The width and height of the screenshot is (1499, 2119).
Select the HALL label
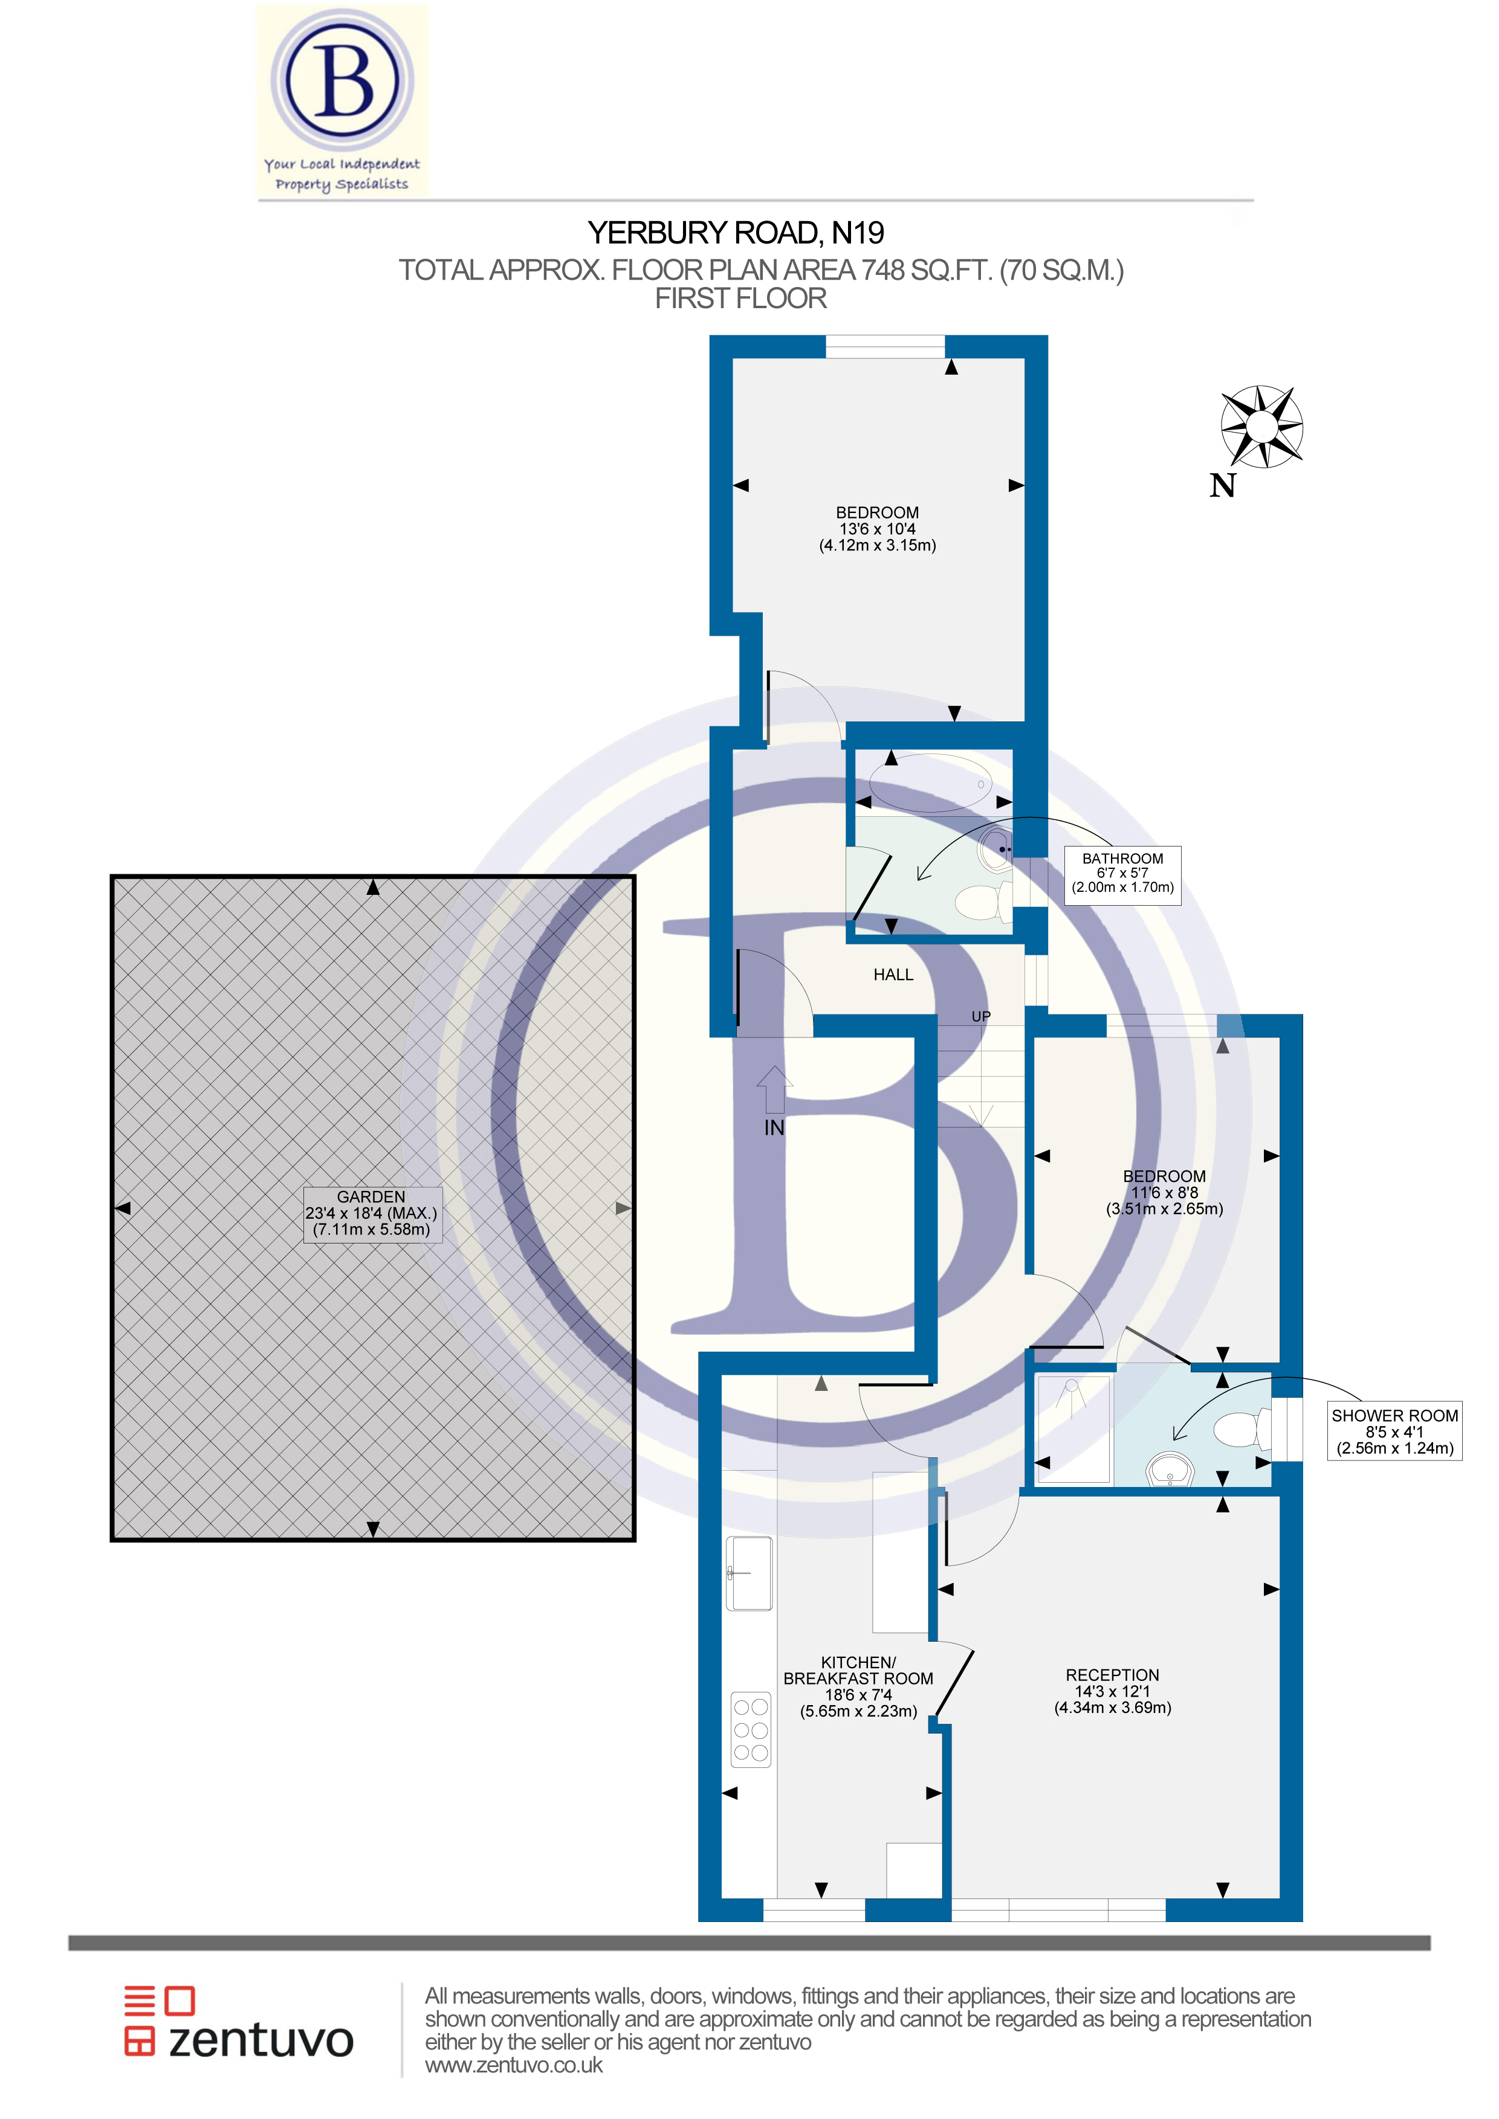(893, 975)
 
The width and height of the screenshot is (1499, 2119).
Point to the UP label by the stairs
(980, 1016)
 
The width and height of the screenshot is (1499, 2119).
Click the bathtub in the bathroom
(930, 782)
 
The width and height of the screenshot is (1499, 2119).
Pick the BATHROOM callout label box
(1122, 873)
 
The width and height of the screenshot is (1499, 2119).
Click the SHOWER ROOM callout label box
(1394, 1431)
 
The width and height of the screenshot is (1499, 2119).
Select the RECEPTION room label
(1112, 1691)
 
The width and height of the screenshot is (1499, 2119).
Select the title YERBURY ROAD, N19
(736, 233)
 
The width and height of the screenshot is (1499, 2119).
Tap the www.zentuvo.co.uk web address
(513, 2065)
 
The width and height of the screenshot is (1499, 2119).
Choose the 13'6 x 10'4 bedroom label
(877, 529)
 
